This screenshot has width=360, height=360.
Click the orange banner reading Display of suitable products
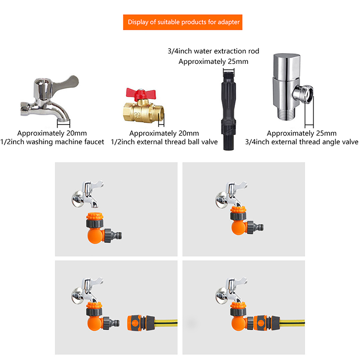(x=183, y=22)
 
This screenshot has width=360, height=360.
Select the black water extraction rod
(x=229, y=110)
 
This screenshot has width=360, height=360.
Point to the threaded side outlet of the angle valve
(x=303, y=94)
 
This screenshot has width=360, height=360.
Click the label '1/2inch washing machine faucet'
(x=52, y=142)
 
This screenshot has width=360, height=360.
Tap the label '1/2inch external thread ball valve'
(x=164, y=142)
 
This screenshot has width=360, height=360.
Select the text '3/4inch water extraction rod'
(x=213, y=51)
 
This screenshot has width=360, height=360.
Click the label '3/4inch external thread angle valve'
(x=301, y=142)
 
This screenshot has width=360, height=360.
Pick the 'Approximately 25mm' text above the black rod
(x=213, y=62)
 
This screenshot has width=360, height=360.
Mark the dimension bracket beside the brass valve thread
(x=162, y=119)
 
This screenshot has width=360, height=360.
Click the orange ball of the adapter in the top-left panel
(x=95, y=235)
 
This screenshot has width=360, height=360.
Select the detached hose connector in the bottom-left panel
(x=140, y=323)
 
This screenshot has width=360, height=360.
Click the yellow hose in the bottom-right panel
(x=292, y=323)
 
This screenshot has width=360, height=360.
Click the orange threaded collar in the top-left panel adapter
(x=94, y=216)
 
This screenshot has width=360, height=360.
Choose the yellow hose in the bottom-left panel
(x=166, y=323)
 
